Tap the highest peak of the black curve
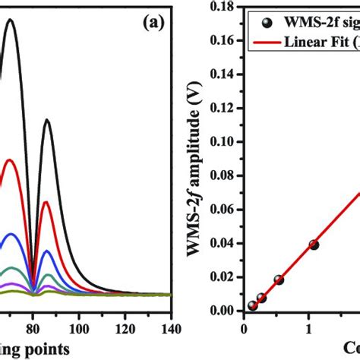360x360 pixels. coord(11,21)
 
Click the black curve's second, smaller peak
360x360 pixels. coord(47,120)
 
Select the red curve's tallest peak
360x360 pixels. coord(10,160)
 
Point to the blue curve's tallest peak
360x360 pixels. coord(11,235)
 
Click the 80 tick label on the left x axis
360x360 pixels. coord(33,330)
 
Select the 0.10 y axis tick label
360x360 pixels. coord(225,141)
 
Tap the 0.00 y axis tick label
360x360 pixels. coord(225,311)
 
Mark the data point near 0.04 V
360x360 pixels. coord(314,245)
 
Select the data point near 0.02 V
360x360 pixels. coord(279,279)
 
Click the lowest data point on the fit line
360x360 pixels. coord(252,305)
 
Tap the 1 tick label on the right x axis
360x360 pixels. coord(308,330)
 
